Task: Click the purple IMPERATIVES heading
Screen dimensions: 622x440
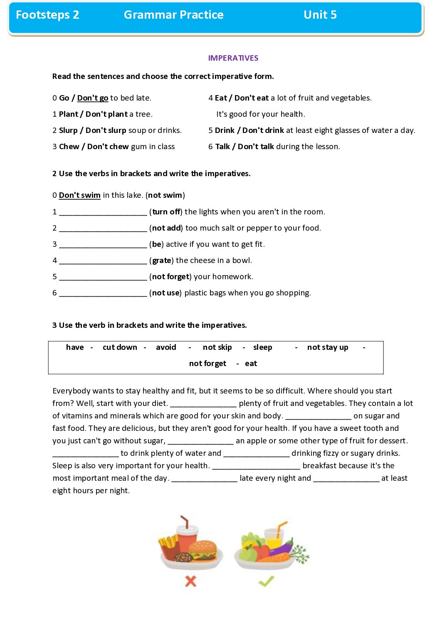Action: click(233, 58)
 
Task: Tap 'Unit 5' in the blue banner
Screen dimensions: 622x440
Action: click(320, 15)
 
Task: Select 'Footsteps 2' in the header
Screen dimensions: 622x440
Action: click(47, 15)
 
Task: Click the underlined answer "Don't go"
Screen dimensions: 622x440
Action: click(92, 98)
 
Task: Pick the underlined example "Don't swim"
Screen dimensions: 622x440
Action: click(79, 195)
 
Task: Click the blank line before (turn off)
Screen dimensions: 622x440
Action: click(103, 212)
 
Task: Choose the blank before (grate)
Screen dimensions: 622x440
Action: click(103, 261)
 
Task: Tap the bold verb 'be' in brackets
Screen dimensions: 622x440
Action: click(156, 244)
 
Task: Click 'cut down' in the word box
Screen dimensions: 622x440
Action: click(120, 347)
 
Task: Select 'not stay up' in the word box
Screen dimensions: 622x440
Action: click(327, 347)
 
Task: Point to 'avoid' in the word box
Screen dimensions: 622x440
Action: click(166, 347)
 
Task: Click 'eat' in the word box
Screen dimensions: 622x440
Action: click(251, 364)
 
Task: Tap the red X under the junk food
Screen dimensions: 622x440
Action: click(190, 581)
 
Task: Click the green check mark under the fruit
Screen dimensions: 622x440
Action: click(266, 580)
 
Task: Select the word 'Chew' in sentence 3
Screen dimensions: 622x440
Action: click(69, 147)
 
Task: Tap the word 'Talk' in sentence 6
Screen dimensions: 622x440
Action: click(222, 147)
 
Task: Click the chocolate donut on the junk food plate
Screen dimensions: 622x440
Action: click(183, 557)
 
